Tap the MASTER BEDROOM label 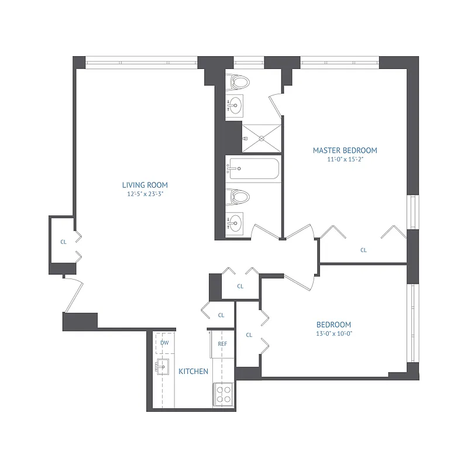point(345,150)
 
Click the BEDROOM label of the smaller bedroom point(333,325)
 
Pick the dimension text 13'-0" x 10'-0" point(333,334)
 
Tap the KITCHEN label point(193,371)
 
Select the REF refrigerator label point(222,344)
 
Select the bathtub point(253,170)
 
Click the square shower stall point(261,139)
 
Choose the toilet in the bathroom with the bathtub point(240,197)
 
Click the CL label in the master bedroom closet point(363,250)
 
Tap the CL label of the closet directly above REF point(221,315)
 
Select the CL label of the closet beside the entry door point(63,241)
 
